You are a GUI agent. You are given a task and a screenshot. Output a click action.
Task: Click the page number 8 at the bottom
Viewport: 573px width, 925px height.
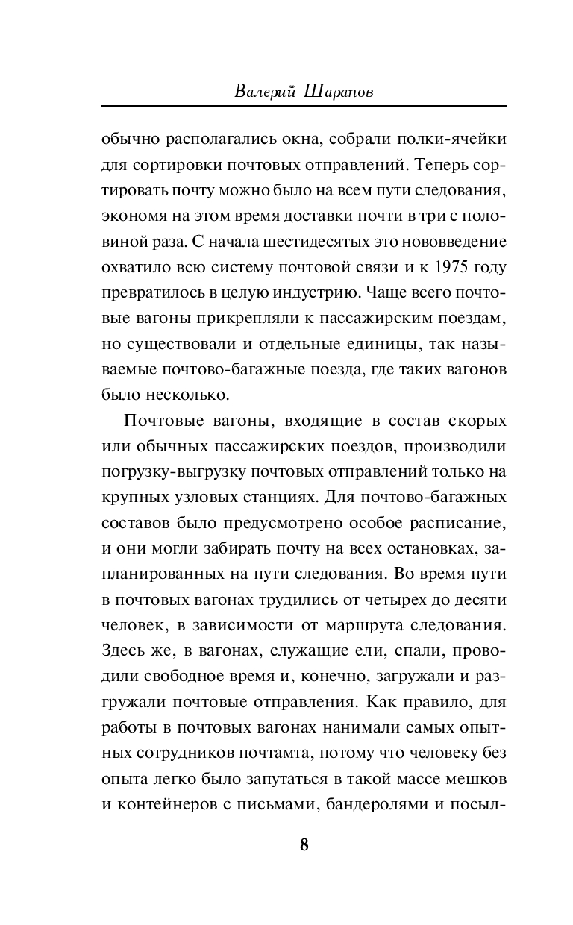[304, 844]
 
